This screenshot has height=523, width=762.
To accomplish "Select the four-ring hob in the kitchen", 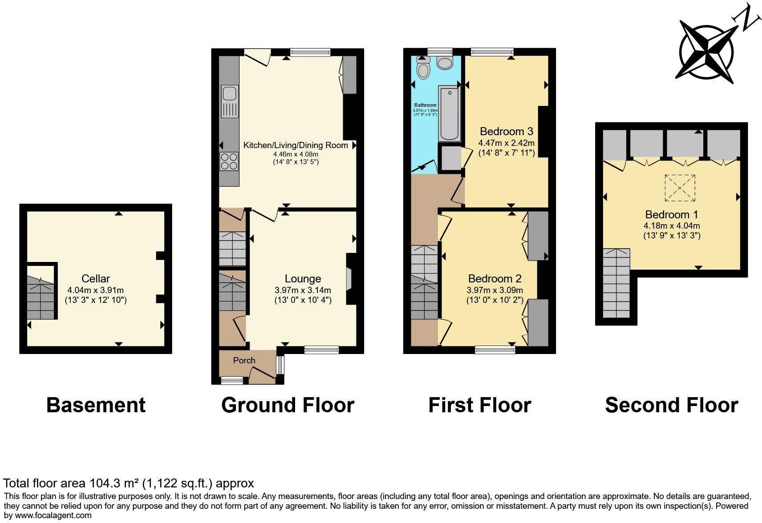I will [229, 161].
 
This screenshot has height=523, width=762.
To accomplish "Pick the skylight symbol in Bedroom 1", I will [680, 189].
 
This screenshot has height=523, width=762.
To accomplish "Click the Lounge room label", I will [303, 279].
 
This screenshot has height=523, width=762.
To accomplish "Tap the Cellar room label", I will [96, 279].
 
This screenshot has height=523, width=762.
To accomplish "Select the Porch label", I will [244, 360].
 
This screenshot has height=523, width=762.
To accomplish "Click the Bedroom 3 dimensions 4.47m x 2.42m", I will [506, 143].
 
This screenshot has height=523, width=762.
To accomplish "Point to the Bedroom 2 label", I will [494, 279].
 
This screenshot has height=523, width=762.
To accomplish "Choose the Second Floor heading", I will [671, 405].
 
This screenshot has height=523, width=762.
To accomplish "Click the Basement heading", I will [96, 405].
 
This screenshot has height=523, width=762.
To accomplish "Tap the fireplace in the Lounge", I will [349, 279].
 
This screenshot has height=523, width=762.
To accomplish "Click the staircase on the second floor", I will [616, 283].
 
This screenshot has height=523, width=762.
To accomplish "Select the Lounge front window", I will [321, 350].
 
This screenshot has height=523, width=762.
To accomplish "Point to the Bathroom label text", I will [425, 105].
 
